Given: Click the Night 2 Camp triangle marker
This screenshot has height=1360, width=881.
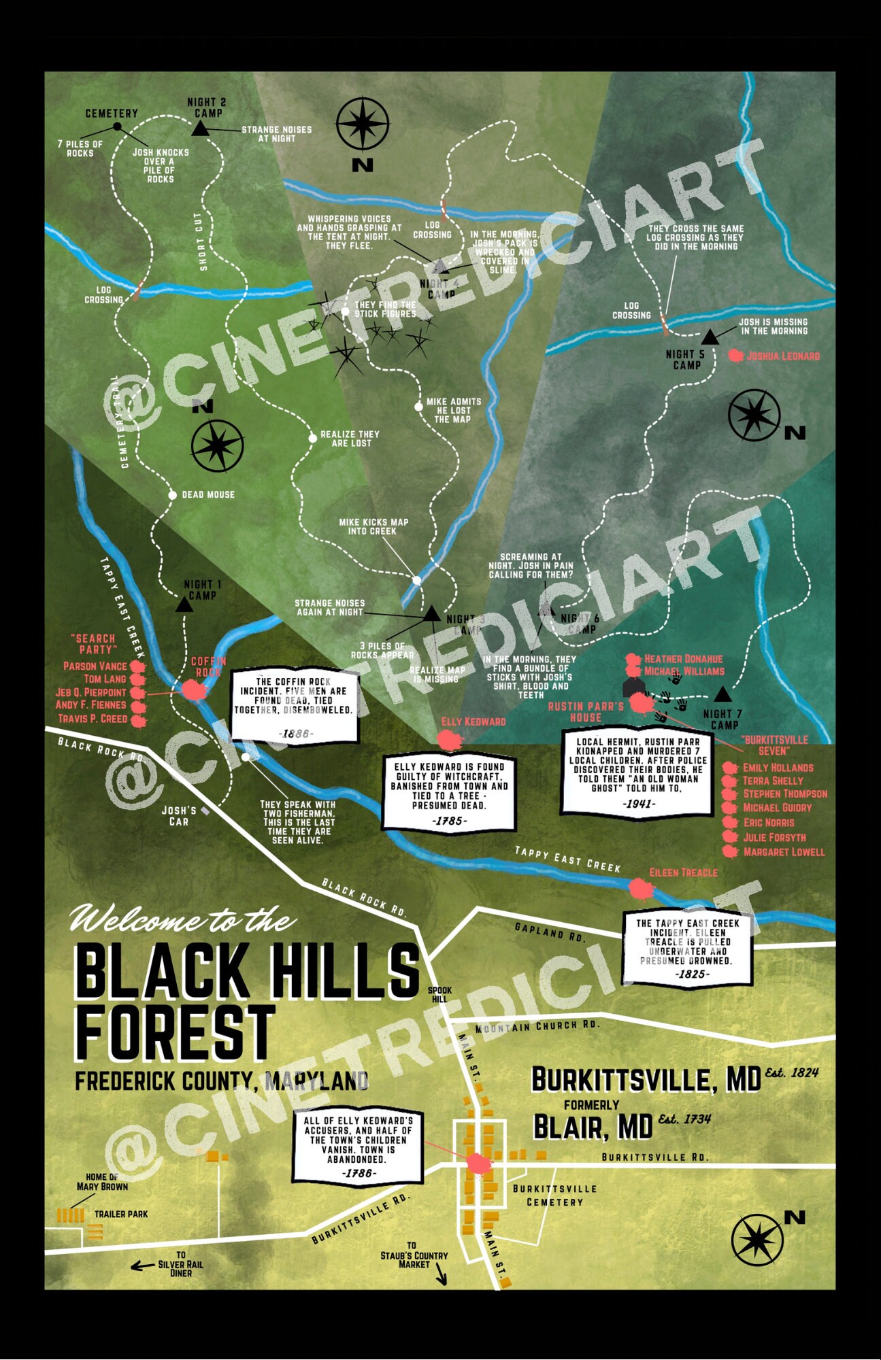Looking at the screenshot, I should (199, 129).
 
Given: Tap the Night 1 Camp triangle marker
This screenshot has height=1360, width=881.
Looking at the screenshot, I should (184, 604).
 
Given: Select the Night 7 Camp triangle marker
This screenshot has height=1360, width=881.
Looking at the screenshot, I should (722, 694).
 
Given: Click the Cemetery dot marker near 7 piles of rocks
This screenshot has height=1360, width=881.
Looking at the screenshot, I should (117, 126).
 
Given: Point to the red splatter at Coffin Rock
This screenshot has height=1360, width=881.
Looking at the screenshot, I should (194, 690).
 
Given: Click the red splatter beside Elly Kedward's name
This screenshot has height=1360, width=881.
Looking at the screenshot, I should (448, 739).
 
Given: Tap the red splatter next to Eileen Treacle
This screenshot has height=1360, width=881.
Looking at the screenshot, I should (639, 888).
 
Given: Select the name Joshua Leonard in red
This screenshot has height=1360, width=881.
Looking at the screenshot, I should (783, 356).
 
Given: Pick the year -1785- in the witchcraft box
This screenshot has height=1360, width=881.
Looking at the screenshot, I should (448, 821).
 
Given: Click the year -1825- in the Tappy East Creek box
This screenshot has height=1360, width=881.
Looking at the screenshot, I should (693, 974).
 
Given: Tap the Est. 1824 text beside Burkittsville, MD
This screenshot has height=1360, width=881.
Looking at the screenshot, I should (791, 1072).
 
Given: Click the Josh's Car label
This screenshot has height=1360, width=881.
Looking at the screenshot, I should (179, 815).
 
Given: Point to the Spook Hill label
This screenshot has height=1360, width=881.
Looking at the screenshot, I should (439, 994).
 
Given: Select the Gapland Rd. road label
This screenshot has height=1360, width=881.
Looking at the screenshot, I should (550, 932).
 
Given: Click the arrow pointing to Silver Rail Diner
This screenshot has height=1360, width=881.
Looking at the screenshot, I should (142, 1265).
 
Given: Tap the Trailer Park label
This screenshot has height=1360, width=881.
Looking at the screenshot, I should (121, 1213).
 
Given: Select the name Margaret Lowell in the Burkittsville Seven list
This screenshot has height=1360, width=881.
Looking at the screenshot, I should (784, 851).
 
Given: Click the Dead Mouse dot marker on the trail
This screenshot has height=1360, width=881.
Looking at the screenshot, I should (173, 495).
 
